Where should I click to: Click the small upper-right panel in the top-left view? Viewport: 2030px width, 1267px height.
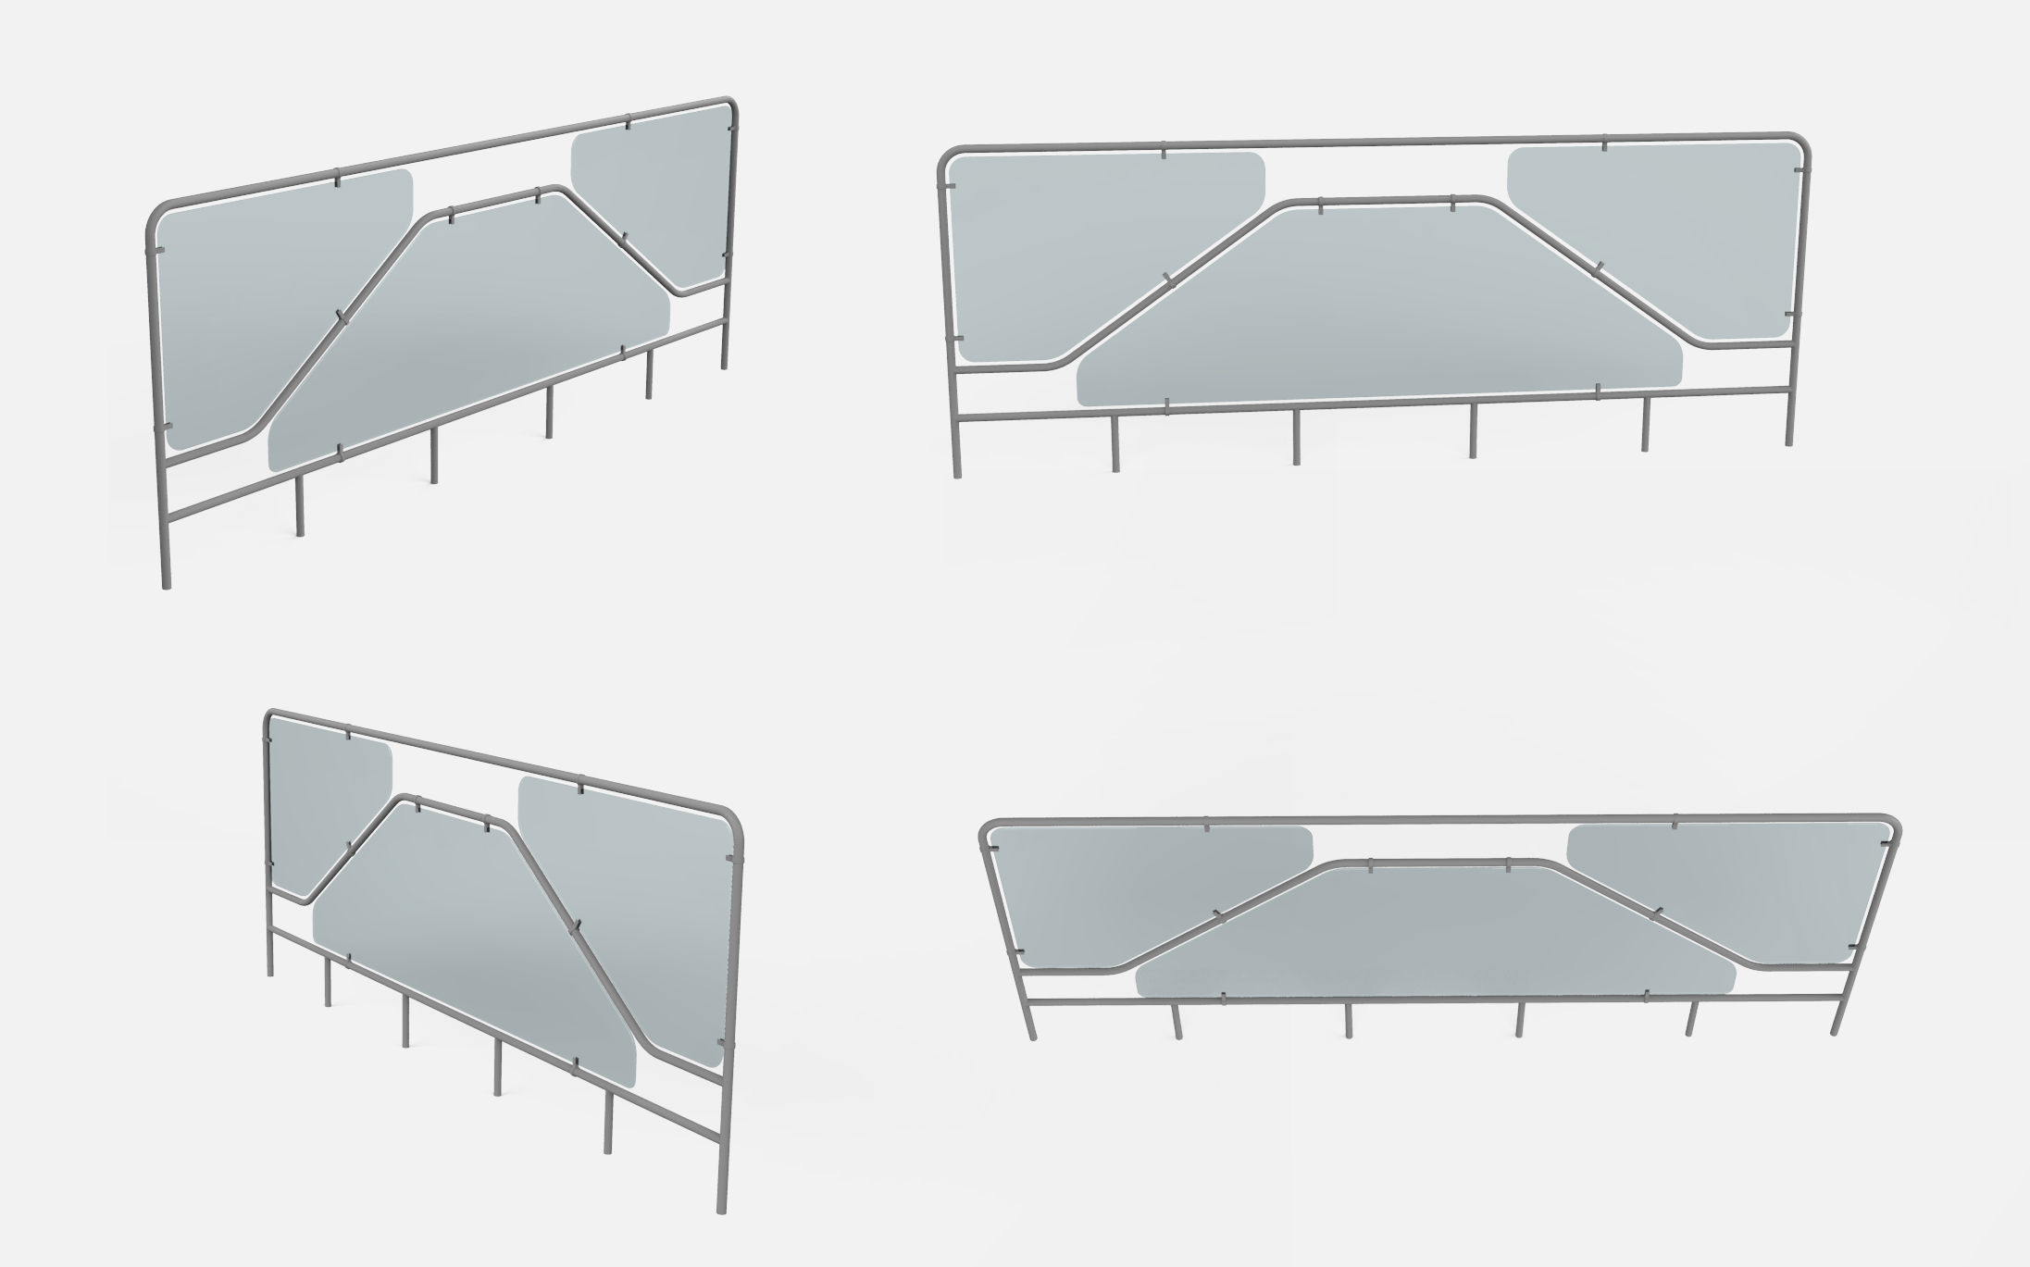pyautogui.click(x=648, y=204)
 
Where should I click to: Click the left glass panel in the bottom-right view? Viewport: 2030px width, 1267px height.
pyautogui.click(x=1129, y=888)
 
